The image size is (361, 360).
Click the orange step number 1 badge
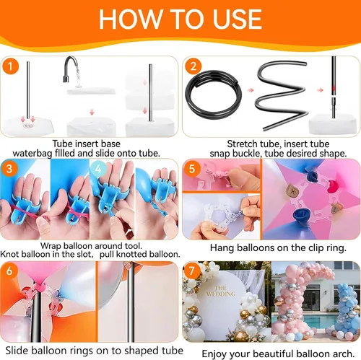pyautogui.click(x=10, y=66)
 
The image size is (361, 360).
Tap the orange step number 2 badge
pyautogui.click(x=193, y=66)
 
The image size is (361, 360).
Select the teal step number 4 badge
pyautogui.click(x=98, y=169)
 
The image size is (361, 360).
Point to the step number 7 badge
pyautogui.click(x=192, y=271)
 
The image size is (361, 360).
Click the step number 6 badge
pyautogui.click(x=9, y=271)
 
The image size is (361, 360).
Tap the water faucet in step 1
pyautogui.click(x=70, y=69)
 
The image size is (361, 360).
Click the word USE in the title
pyautogui.click(x=238, y=19)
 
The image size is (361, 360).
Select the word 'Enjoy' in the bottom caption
pyautogui.click(x=214, y=354)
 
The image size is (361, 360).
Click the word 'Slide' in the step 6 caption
pyautogui.click(x=17, y=351)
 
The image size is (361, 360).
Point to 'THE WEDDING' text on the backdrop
pyautogui.click(x=221, y=291)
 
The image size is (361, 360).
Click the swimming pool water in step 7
pyautogui.click(x=303, y=320)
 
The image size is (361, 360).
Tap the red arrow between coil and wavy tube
pyautogui.click(x=251, y=90)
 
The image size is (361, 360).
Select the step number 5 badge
pyautogui.click(x=192, y=169)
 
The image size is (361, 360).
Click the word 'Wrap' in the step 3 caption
pyautogui.click(x=51, y=246)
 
